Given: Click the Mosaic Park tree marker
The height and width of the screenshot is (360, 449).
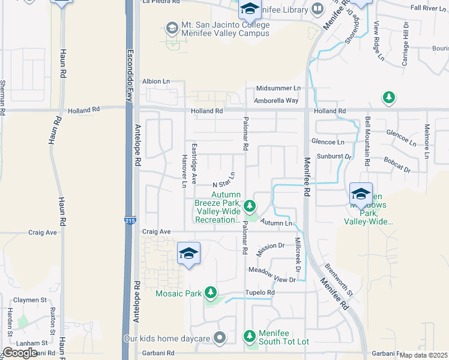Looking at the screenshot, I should [210, 293].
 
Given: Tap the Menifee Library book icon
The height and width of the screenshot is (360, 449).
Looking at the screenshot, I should [317, 9].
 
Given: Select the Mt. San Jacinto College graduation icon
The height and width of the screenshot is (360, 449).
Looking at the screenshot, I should [172, 28].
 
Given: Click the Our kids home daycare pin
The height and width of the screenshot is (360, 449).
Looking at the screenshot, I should [220, 338].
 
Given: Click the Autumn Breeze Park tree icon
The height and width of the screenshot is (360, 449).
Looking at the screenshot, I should [250, 207].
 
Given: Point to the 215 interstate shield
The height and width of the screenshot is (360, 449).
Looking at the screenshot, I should [130, 221].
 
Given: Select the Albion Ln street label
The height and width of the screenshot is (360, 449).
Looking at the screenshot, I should [156, 81].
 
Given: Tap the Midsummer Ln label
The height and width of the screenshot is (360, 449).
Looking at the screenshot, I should [278, 88].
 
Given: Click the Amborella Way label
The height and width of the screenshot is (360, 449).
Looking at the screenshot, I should [276, 100].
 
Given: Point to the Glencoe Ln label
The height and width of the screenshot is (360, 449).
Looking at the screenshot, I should [328, 142].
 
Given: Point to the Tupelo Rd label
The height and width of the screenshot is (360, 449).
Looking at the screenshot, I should [260, 293].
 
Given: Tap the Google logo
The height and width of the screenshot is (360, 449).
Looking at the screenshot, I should [20, 352].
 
